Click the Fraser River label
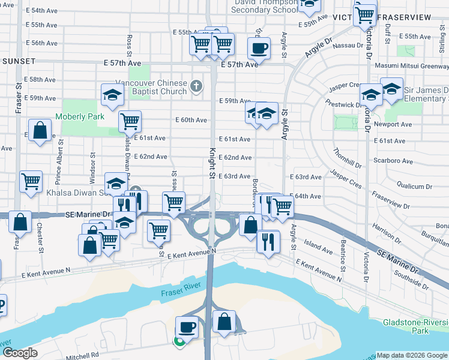pyautogui.click(x=178, y=293)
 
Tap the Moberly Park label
pyautogui.click(x=80, y=116)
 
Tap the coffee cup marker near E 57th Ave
pyautogui.click(x=259, y=47)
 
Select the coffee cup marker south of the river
pyautogui.click(x=186, y=327)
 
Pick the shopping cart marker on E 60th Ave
pyautogui.click(x=130, y=121)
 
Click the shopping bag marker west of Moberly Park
pyautogui.click(x=40, y=130)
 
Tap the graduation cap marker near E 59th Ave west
pyautogui.click(x=112, y=94)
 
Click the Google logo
pyautogui.click(x=19, y=353)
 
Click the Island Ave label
pyautogui.click(x=318, y=246)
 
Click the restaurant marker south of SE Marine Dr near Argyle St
pyautogui.click(x=268, y=241)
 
